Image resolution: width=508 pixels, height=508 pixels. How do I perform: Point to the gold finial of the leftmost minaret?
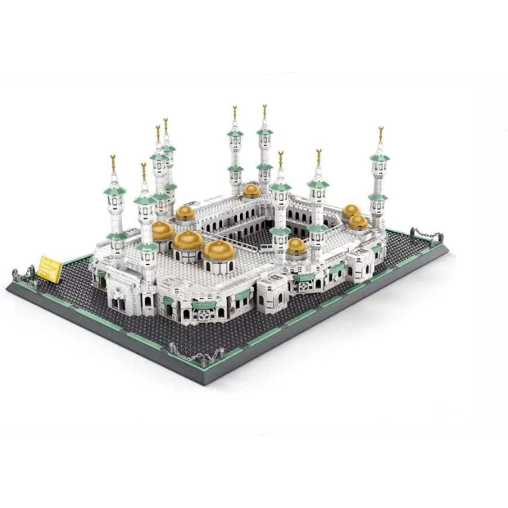[x=113, y=161]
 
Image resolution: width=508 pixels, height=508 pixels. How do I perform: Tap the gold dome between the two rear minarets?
[x=252, y=190]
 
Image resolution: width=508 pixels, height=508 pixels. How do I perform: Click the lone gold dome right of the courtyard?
[x=297, y=245]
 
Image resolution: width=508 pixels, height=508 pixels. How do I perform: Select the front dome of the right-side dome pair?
[x=359, y=221]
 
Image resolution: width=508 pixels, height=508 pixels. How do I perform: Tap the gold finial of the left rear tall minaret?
[x=235, y=113]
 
